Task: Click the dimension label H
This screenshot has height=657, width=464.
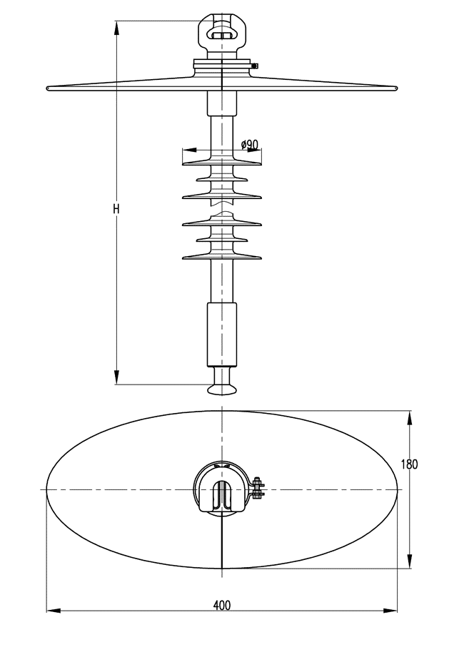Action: pyautogui.click(x=116, y=209)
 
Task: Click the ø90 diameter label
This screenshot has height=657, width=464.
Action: pyautogui.click(x=249, y=145)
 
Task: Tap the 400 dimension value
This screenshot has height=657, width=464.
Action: pyautogui.click(x=222, y=605)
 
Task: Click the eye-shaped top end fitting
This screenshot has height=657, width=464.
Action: pyautogui.click(x=223, y=31)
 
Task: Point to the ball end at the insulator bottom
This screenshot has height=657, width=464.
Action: pyautogui.click(x=223, y=388)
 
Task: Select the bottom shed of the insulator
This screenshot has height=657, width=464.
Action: pyautogui.click(x=221, y=256)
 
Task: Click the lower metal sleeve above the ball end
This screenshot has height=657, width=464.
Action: pyautogui.click(x=221, y=333)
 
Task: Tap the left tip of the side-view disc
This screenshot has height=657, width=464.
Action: pyautogui.click(x=49, y=88)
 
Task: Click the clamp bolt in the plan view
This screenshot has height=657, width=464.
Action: pyautogui.click(x=258, y=489)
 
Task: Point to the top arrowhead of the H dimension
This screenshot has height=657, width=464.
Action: pyautogui.click(x=117, y=26)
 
